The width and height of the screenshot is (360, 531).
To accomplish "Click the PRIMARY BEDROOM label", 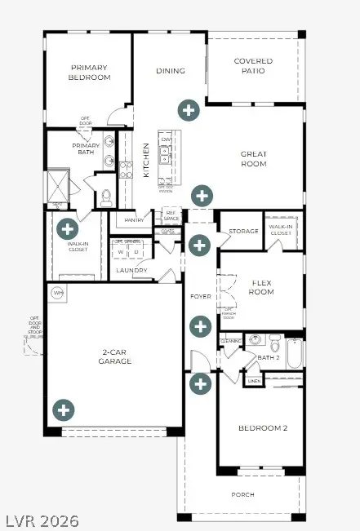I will [90, 73].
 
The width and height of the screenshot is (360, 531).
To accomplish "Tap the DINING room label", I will [171, 71].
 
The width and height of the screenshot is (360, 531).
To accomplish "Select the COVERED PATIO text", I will [253, 66].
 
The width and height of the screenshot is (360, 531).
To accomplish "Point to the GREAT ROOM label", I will [253, 158].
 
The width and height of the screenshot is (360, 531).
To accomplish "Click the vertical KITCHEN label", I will [147, 161].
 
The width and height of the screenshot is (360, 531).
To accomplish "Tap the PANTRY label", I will [133, 221].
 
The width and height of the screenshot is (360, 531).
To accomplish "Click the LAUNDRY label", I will [131, 271].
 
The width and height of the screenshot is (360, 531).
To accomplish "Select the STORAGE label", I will [243, 232].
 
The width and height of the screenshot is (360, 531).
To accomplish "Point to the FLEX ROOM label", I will [260, 287].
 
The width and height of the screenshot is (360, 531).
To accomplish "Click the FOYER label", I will [200, 296].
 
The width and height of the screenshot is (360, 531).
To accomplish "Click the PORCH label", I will [242, 495].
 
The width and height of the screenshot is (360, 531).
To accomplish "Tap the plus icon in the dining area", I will [189, 109].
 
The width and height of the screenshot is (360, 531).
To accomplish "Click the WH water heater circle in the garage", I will [58, 292].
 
